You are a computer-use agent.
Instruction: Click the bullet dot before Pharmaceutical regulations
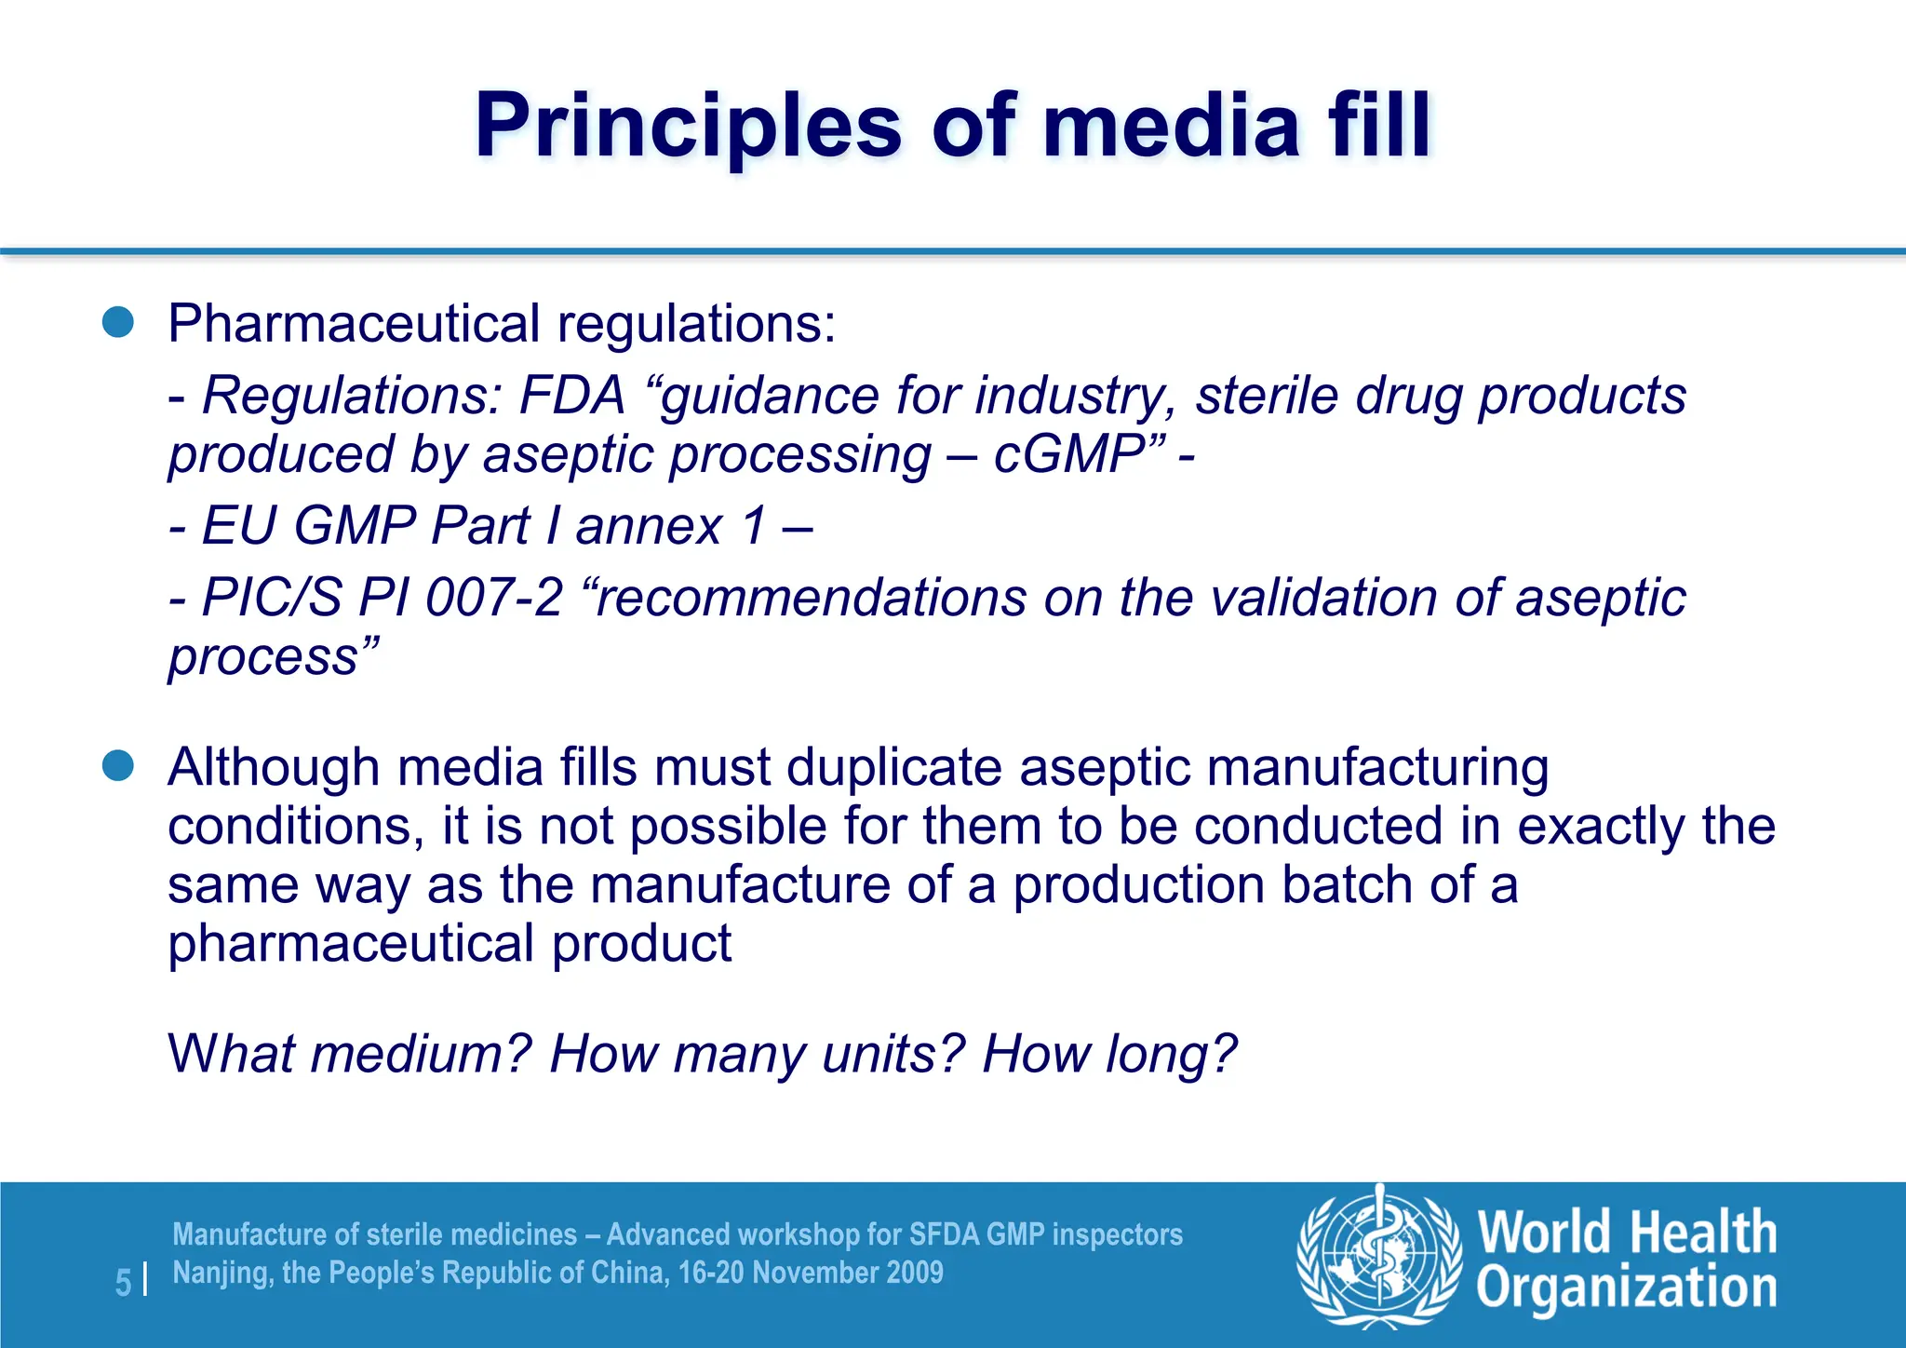[118, 323]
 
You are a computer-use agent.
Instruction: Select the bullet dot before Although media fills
[118, 767]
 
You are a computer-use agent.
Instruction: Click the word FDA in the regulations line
[571, 396]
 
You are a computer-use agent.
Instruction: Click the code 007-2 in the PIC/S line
[493, 598]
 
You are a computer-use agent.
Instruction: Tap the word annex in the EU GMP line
[649, 526]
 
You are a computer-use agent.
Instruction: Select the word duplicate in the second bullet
[895, 769]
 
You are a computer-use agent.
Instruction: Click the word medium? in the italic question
[421, 1054]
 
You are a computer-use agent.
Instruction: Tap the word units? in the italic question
[893, 1054]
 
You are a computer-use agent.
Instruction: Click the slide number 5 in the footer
[123, 1283]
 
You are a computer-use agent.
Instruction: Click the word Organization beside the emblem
[1626, 1288]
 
